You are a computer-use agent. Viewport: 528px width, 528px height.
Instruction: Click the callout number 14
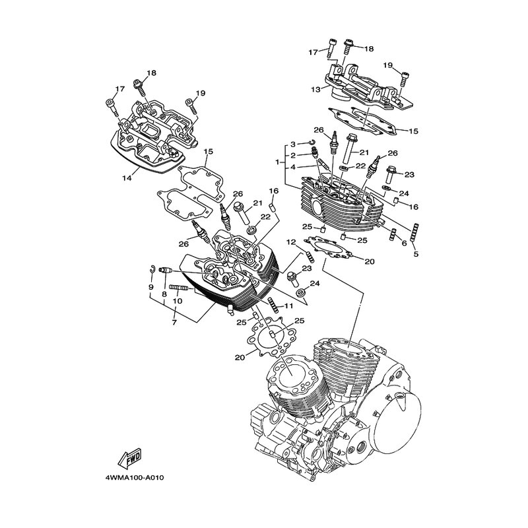[x=127, y=178]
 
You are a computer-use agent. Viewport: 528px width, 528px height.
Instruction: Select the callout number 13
[x=316, y=90]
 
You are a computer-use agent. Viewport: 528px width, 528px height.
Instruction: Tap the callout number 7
[x=174, y=322]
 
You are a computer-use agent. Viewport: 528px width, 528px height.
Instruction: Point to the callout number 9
[x=151, y=287]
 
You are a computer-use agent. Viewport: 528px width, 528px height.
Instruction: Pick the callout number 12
[x=291, y=242]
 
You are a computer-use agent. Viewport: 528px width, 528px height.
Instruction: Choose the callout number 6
[x=404, y=242]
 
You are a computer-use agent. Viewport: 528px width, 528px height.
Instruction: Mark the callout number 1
[x=277, y=162]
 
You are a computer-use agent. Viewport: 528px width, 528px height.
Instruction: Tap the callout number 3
[x=293, y=145]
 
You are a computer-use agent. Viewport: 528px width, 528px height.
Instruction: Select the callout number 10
[x=177, y=301]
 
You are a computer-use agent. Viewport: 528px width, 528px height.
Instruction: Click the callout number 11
[x=288, y=306]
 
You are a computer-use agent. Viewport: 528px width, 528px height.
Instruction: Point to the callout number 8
[x=164, y=294]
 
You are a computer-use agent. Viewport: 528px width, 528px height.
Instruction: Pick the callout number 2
[x=293, y=155]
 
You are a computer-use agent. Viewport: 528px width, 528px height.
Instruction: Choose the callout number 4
[x=293, y=167]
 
